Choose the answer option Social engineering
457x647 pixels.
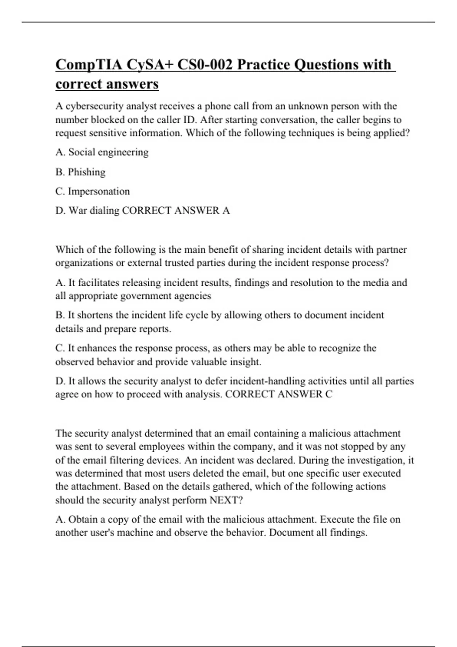108,152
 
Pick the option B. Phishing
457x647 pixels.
80,172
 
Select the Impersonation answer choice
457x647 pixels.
99,191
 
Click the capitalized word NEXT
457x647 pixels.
226,500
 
